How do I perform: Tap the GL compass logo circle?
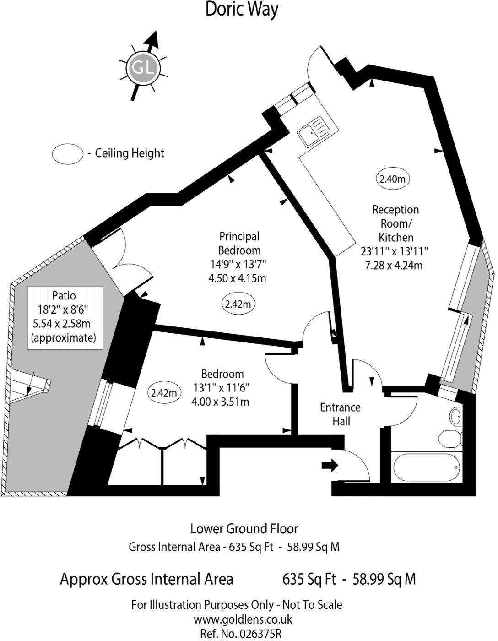pos(143,68)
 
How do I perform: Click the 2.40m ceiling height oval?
pos(393,179)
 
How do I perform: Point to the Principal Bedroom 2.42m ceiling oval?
pos(238,304)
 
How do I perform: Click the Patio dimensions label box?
pos(65,317)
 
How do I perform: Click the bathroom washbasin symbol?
pos(456,416)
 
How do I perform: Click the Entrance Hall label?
pos(341,414)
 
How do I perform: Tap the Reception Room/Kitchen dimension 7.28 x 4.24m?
pos(394,266)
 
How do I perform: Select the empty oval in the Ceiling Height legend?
pos(68,154)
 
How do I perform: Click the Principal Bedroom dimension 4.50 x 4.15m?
pos(238,278)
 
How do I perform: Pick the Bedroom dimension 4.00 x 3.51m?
pos(220,402)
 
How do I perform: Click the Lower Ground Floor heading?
pos(244,528)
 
